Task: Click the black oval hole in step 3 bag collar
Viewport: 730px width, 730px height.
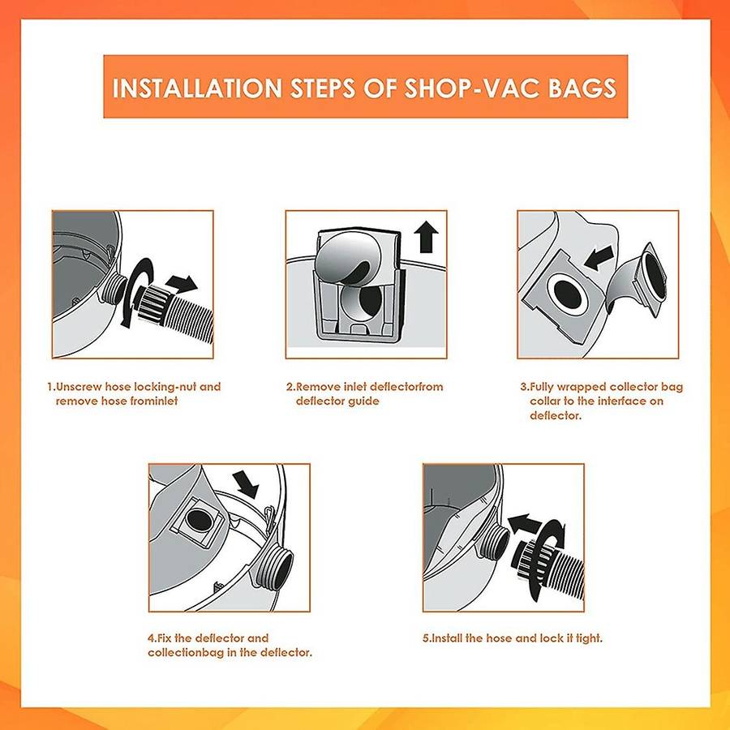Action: tap(560, 291)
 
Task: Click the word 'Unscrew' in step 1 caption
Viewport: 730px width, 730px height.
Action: tap(77, 387)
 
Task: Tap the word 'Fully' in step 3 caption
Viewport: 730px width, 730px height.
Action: tap(545, 387)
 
